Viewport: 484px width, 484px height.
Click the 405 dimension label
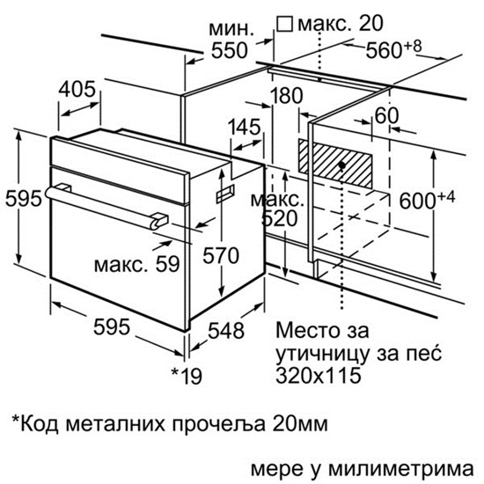(77, 90)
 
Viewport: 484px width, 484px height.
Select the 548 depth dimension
(226, 331)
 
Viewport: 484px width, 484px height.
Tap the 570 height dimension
(221, 255)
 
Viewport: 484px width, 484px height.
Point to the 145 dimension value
(245, 127)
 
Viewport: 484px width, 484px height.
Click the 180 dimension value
(287, 95)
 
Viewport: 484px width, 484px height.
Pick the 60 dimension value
(386, 115)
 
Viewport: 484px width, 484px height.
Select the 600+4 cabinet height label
(427, 200)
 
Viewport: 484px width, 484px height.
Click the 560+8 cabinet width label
(393, 49)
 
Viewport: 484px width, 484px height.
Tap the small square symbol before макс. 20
(284, 24)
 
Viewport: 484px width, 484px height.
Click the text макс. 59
(136, 264)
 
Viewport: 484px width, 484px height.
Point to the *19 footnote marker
(187, 376)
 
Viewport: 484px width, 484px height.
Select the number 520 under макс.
(279, 219)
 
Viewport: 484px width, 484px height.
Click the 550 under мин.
(230, 50)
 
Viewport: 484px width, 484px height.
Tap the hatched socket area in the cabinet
(335, 164)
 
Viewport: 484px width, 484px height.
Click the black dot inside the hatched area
(341, 165)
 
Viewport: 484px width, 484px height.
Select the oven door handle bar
(106, 208)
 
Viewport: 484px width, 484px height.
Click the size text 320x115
(319, 376)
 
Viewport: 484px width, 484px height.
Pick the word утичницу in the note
(323, 355)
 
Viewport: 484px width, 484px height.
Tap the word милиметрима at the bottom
(400, 470)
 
